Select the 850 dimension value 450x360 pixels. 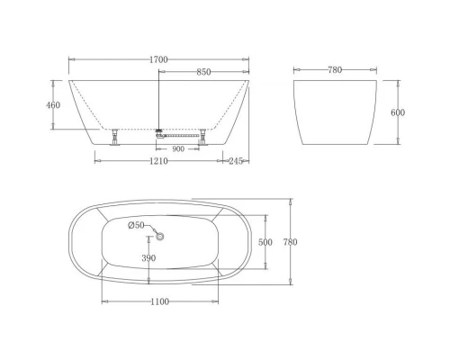click(204, 72)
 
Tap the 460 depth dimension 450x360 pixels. click(53, 105)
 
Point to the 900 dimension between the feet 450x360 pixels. click(179, 148)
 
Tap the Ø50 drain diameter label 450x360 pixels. click(135, 225)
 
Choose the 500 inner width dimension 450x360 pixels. click(265, 242)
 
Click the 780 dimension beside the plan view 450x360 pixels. click(290, 242)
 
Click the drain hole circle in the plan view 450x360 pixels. click(161, 236)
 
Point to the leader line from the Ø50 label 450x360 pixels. click(150, 229)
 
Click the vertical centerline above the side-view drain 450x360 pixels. click(159, 99)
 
